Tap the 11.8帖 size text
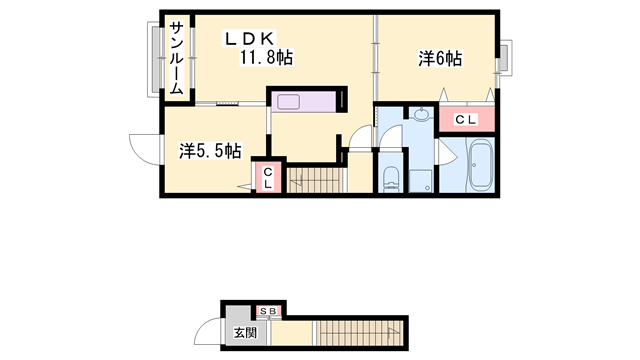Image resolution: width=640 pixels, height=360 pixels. coord(265,58)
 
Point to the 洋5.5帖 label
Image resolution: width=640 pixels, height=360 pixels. coord(209,151)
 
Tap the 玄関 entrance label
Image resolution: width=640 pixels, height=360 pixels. coord(245,331)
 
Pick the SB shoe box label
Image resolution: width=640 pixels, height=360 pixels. coord(270,311)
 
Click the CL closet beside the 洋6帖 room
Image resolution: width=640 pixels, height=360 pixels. coord(466,120)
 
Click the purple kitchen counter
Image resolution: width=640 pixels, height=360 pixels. coord(306,103)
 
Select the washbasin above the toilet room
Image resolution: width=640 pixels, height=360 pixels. coord(421,113)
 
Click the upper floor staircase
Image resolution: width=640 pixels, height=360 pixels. coord(315,180)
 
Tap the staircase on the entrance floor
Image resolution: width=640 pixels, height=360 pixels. coord(360,332)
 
